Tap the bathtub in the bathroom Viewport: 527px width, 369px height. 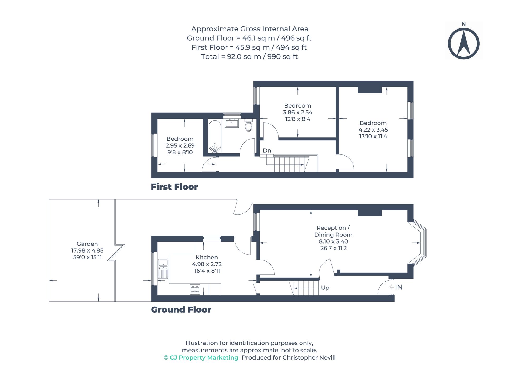(x=215, y=137)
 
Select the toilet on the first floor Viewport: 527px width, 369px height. (x=248, y=125)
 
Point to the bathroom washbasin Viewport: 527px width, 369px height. (x=232, y=123)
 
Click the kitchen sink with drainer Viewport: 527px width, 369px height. (x=163, y=269)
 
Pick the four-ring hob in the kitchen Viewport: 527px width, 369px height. (x=195, y=289)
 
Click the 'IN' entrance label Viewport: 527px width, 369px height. (x=399, y=287)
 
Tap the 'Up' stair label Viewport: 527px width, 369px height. (x=325, y=288)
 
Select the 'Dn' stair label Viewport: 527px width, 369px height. (x=267, y=150)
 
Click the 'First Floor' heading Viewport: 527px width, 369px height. (x=174, y=187)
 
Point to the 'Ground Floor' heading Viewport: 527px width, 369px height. (x=181, y=309)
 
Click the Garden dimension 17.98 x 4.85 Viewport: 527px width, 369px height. (x=87, y=250)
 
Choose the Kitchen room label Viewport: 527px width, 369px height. (x=207, y=257)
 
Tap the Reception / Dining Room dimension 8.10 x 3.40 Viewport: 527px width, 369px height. (x=333, y=241)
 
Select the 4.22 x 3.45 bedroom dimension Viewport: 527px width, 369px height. (x=373, y=129)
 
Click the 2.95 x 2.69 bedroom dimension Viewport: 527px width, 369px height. (x=180, y=145)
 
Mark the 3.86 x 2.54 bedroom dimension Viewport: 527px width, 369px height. (x=298, y=112)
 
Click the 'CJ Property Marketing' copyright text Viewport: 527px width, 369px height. (x=201, y=357)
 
